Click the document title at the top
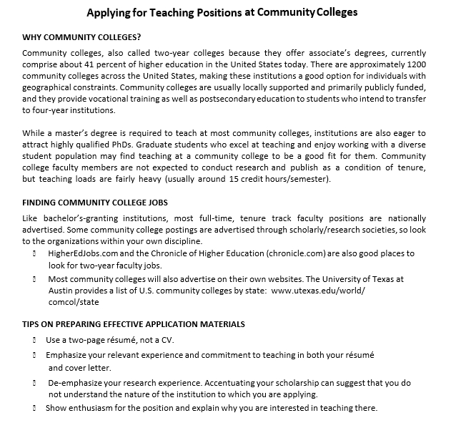click(222, 12)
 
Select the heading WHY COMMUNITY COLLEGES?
click(81, 37)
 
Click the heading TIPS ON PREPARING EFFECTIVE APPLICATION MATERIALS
click(134, 324)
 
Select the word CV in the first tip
click(166, 339)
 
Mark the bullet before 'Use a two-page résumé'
click(34, 340)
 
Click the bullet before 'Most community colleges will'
click(34, 279)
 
